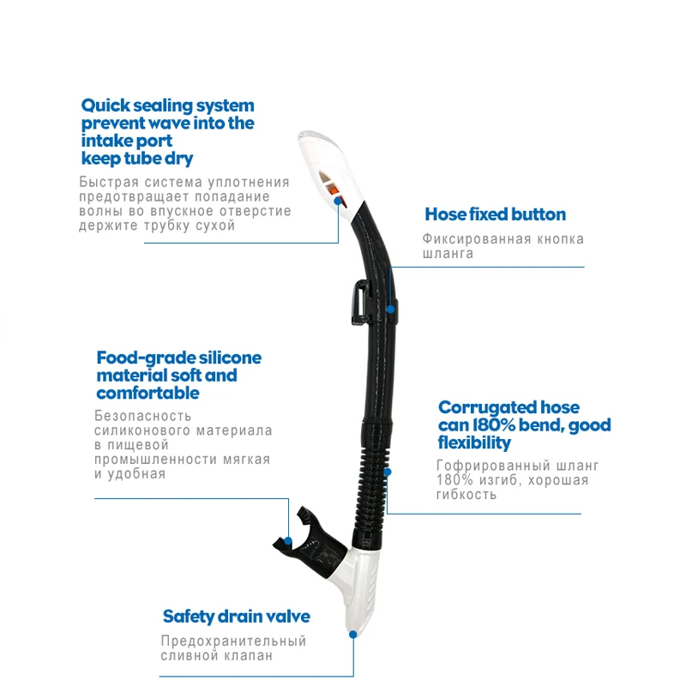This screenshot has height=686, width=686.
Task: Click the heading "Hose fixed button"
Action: click(x=496, y=214)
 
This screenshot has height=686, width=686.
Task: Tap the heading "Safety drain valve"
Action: click(x=237, y=617)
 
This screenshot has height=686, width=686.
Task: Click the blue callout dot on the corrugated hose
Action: click(x=388, y=471)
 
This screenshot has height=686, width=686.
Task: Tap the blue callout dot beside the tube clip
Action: click(x=391, y=307)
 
